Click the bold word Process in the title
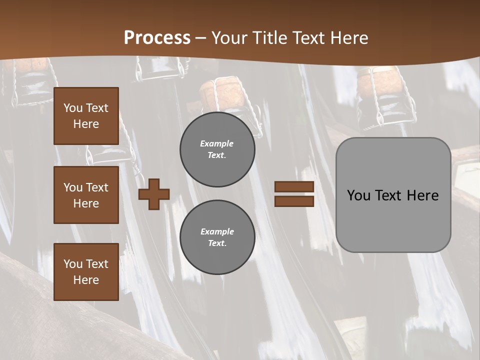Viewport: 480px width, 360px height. (x=157, y=38)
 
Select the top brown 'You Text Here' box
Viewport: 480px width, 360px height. (x=86, y=116)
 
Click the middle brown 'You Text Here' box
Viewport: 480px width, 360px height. (x=86, y=195)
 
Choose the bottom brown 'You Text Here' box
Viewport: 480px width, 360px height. (x=86, y=271)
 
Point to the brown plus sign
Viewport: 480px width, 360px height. (x=154, y=194)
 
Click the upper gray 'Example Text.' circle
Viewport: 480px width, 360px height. (x=217, y=149)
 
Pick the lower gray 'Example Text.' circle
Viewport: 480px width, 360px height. (x=217, y=237)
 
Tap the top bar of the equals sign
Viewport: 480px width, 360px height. (x=294, y=186)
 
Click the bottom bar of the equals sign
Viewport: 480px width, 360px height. (x=294, y=201)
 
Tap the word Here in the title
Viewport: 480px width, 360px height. (x=348, y=38)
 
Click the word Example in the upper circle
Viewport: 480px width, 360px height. (x=216, y=143)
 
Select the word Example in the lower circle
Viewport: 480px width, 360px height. (x=217, y=231)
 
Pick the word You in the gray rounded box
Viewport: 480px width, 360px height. (x=358, y=195)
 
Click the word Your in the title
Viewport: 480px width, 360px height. (x=228, y=38)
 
